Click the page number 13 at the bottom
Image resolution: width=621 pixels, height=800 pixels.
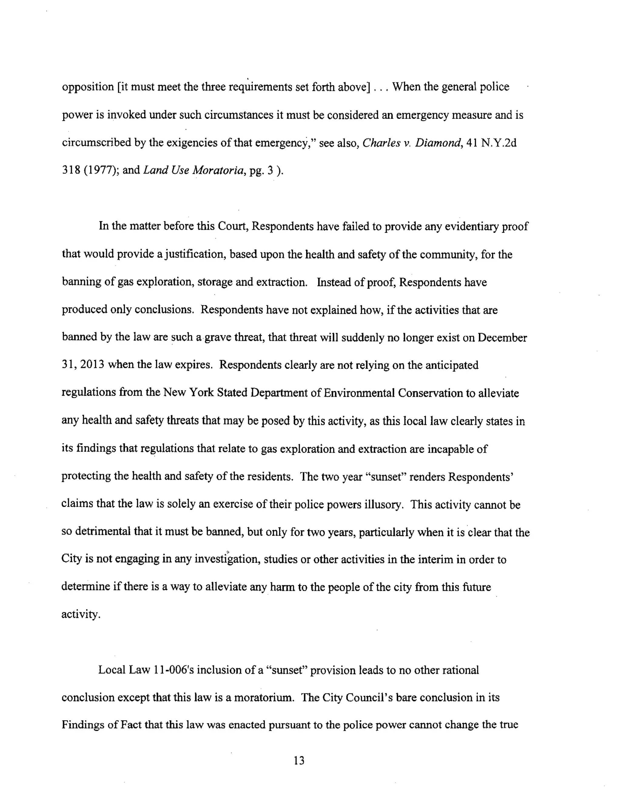[x=299, y=761]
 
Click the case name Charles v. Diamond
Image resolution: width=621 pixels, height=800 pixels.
[x=411, y=143]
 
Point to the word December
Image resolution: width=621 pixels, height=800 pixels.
[x=502, y=338]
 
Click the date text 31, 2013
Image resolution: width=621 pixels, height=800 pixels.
[x=83, y=365]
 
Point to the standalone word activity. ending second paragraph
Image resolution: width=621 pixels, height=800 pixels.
[x=81, y=615]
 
